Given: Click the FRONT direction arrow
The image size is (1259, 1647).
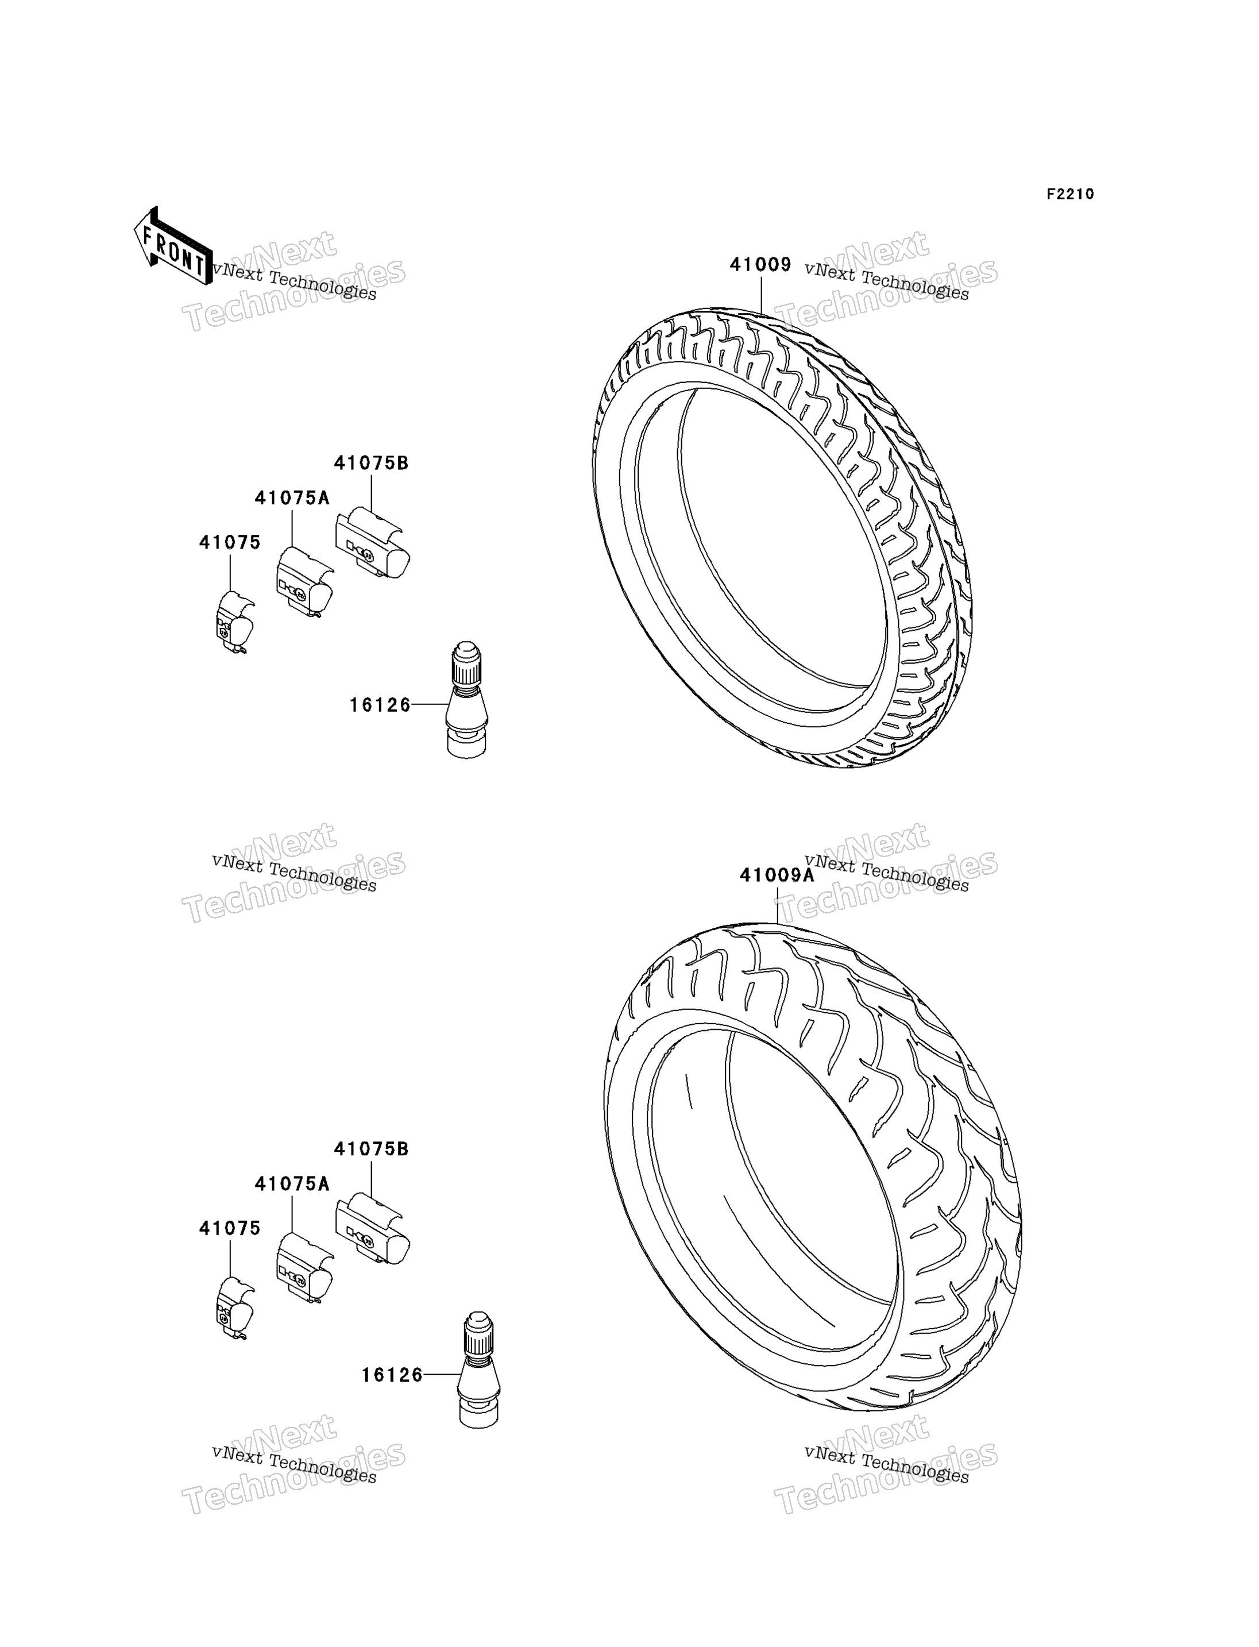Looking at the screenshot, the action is pyautogui.click(x=173, y=246).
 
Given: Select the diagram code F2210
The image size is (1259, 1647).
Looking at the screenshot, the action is pyautogui.click(x=1070, y=194).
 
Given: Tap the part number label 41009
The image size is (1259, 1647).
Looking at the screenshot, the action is pyautogui.click(x=760, y=265).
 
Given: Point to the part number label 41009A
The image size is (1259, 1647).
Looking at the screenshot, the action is pyautogui.click(x=777, y=875).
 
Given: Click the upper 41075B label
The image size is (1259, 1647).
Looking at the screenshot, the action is pyautogui.click(x=371, y=463).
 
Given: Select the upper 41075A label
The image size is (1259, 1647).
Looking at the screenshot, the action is pyautogui.click(x=292, y=497).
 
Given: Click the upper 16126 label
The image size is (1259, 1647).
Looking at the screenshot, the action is pyautogui.click(x=380, y=705).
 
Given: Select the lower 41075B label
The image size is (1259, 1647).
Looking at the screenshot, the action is pyautogui.click(x=371, y=1150).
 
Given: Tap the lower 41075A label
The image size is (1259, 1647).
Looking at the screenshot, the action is pyautogui.click(x=292, y=1184).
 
